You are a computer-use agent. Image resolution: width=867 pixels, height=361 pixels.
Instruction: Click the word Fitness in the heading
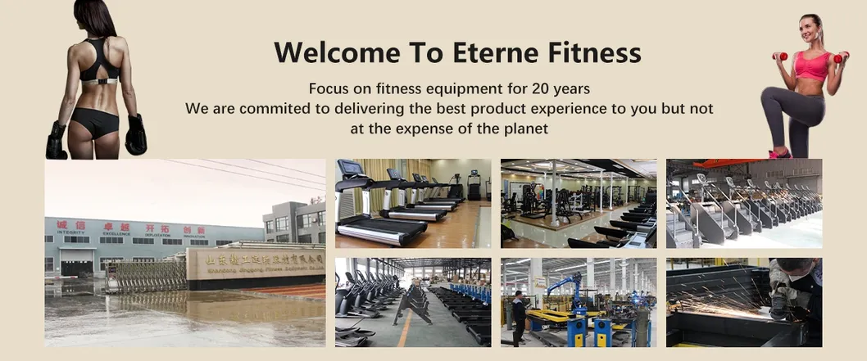pos(594,52)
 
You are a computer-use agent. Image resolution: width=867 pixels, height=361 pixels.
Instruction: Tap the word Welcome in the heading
pos(336,52)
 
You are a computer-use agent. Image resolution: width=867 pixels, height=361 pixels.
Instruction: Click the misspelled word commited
pos(269,108)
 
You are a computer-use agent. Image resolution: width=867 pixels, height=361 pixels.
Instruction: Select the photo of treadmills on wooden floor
pos(412,203)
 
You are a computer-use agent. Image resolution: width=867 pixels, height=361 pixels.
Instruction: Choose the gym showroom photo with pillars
pos(578,203)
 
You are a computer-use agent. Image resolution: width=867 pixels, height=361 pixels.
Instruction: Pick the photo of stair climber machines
pos(743,203)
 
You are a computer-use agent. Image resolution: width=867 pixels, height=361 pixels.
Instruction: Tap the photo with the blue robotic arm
pos(578,302)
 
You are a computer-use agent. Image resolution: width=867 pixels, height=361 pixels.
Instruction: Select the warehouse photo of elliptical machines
pos(412,302)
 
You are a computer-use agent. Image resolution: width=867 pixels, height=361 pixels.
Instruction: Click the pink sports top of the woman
pos(811,65)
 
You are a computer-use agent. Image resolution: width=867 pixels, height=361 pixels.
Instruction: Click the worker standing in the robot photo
pos(519,316)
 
